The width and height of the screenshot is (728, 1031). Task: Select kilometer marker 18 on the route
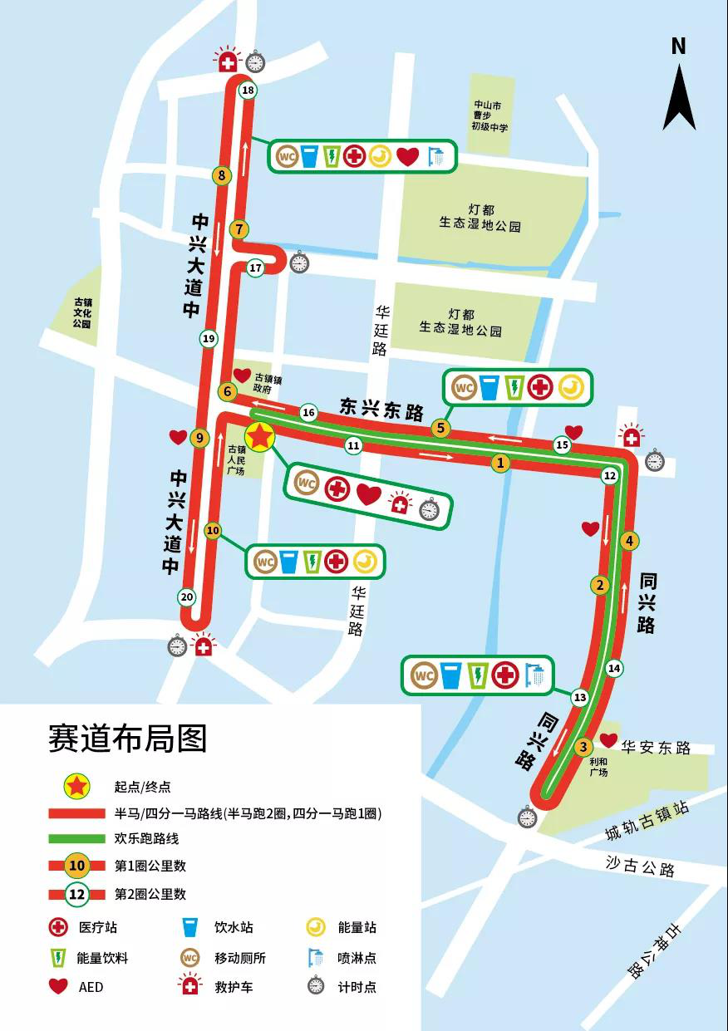coord(247,91)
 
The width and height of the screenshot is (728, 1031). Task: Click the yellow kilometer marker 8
coord(221,175)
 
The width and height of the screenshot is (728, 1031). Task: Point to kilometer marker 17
coord(255,268)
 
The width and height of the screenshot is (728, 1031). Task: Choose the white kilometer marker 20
coord(187,597)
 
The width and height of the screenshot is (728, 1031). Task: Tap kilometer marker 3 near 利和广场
coord(583,746)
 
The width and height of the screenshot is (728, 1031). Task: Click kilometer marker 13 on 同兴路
coord(579,697)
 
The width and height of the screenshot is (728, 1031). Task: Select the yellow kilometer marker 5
coord(440,429)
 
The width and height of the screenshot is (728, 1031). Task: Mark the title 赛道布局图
coord(127,737)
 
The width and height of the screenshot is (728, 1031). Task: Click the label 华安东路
coord(656,749)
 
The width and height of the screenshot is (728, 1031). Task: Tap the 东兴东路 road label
coord(381,409)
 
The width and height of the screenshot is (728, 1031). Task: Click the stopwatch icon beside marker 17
coord(299,263)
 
